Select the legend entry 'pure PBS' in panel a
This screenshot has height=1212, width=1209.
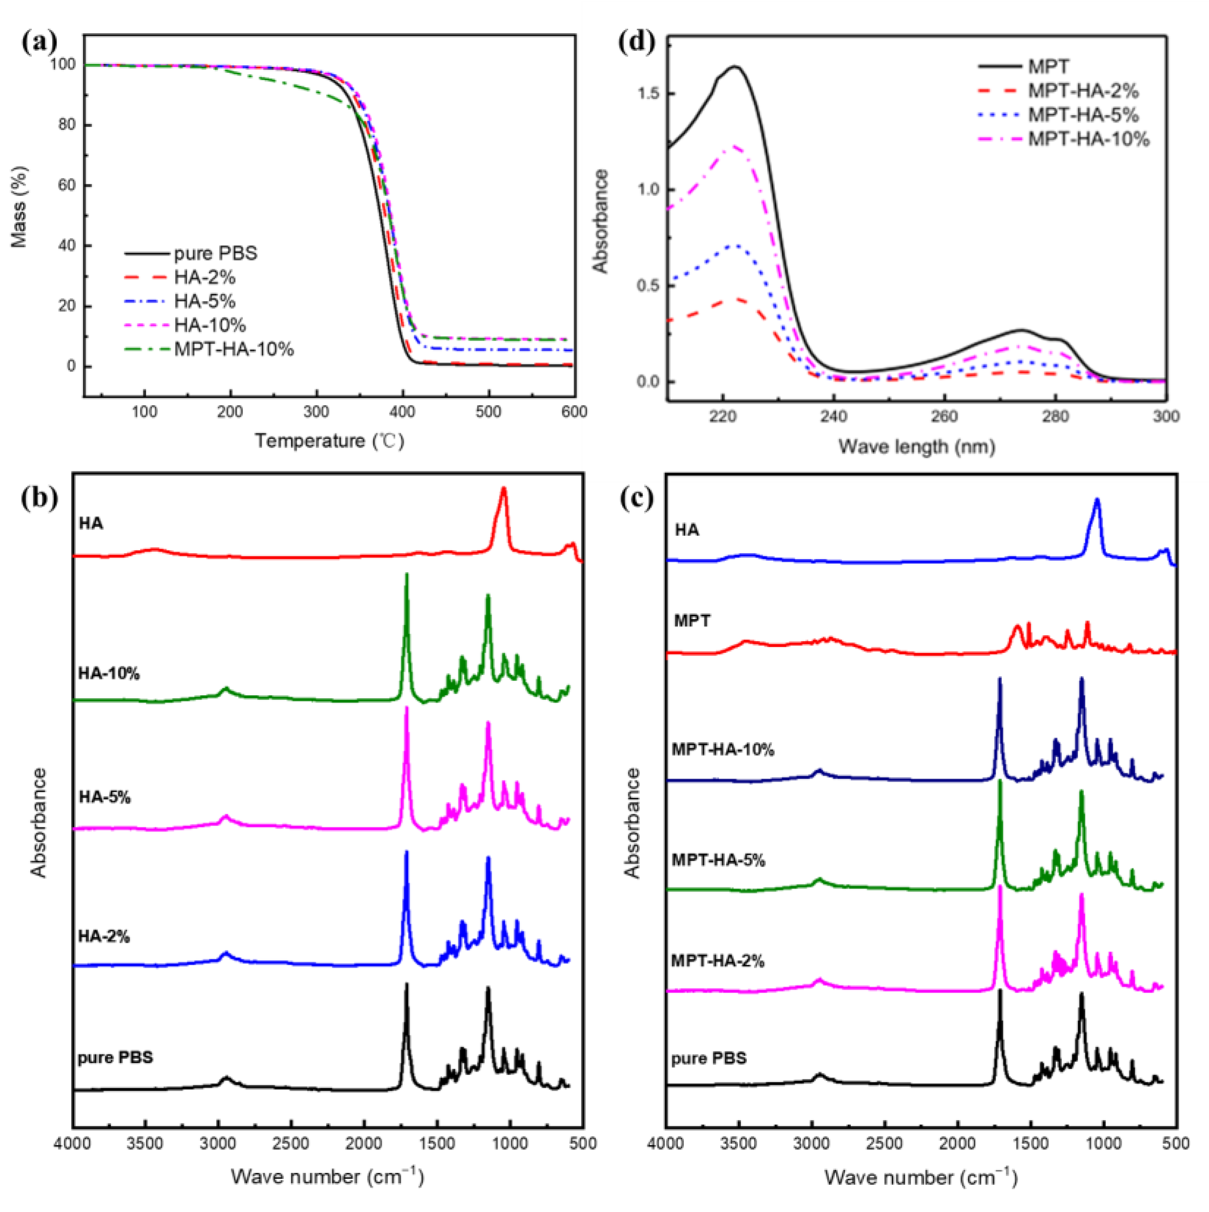tap(215, 253)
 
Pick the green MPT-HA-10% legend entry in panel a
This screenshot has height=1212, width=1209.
tap(233, 349)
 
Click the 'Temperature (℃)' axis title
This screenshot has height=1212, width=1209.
tap(329, 441)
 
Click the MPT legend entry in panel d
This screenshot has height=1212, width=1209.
tap(1048, 66)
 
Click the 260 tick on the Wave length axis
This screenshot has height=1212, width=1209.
tap(944, 417)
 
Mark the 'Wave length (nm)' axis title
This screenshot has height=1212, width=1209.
tap(917, 446)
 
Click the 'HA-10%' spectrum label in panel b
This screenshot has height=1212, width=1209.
tap(108, 674)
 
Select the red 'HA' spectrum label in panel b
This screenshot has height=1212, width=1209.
tap(91, 523)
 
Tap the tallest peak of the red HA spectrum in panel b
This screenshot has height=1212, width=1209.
tap(503, 489)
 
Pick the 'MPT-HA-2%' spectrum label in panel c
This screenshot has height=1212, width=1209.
tap(718, 961)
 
